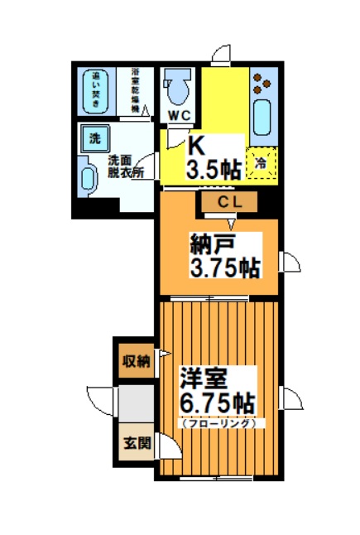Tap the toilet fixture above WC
177,84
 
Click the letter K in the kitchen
196,146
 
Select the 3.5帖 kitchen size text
214,171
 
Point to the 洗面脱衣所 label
125,166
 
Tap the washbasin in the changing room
89,178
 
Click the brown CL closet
228,201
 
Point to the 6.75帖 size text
218,404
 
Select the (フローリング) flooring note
219,423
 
